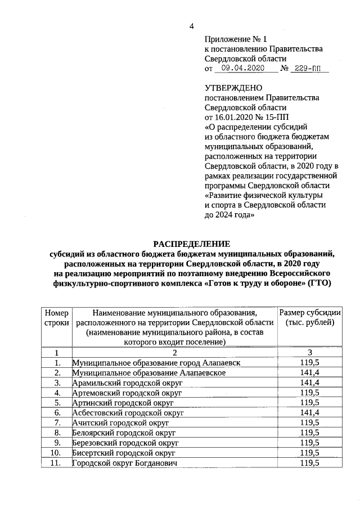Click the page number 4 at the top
coord(191,26)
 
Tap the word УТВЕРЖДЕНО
coord(233,88)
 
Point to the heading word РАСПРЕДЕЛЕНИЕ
coord(191,244)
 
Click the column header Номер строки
coord(56,318)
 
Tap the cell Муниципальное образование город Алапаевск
coord(156,363)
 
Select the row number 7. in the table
coord(57,422)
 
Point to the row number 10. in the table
coord(56,452)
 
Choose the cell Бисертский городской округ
coord(124,452)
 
